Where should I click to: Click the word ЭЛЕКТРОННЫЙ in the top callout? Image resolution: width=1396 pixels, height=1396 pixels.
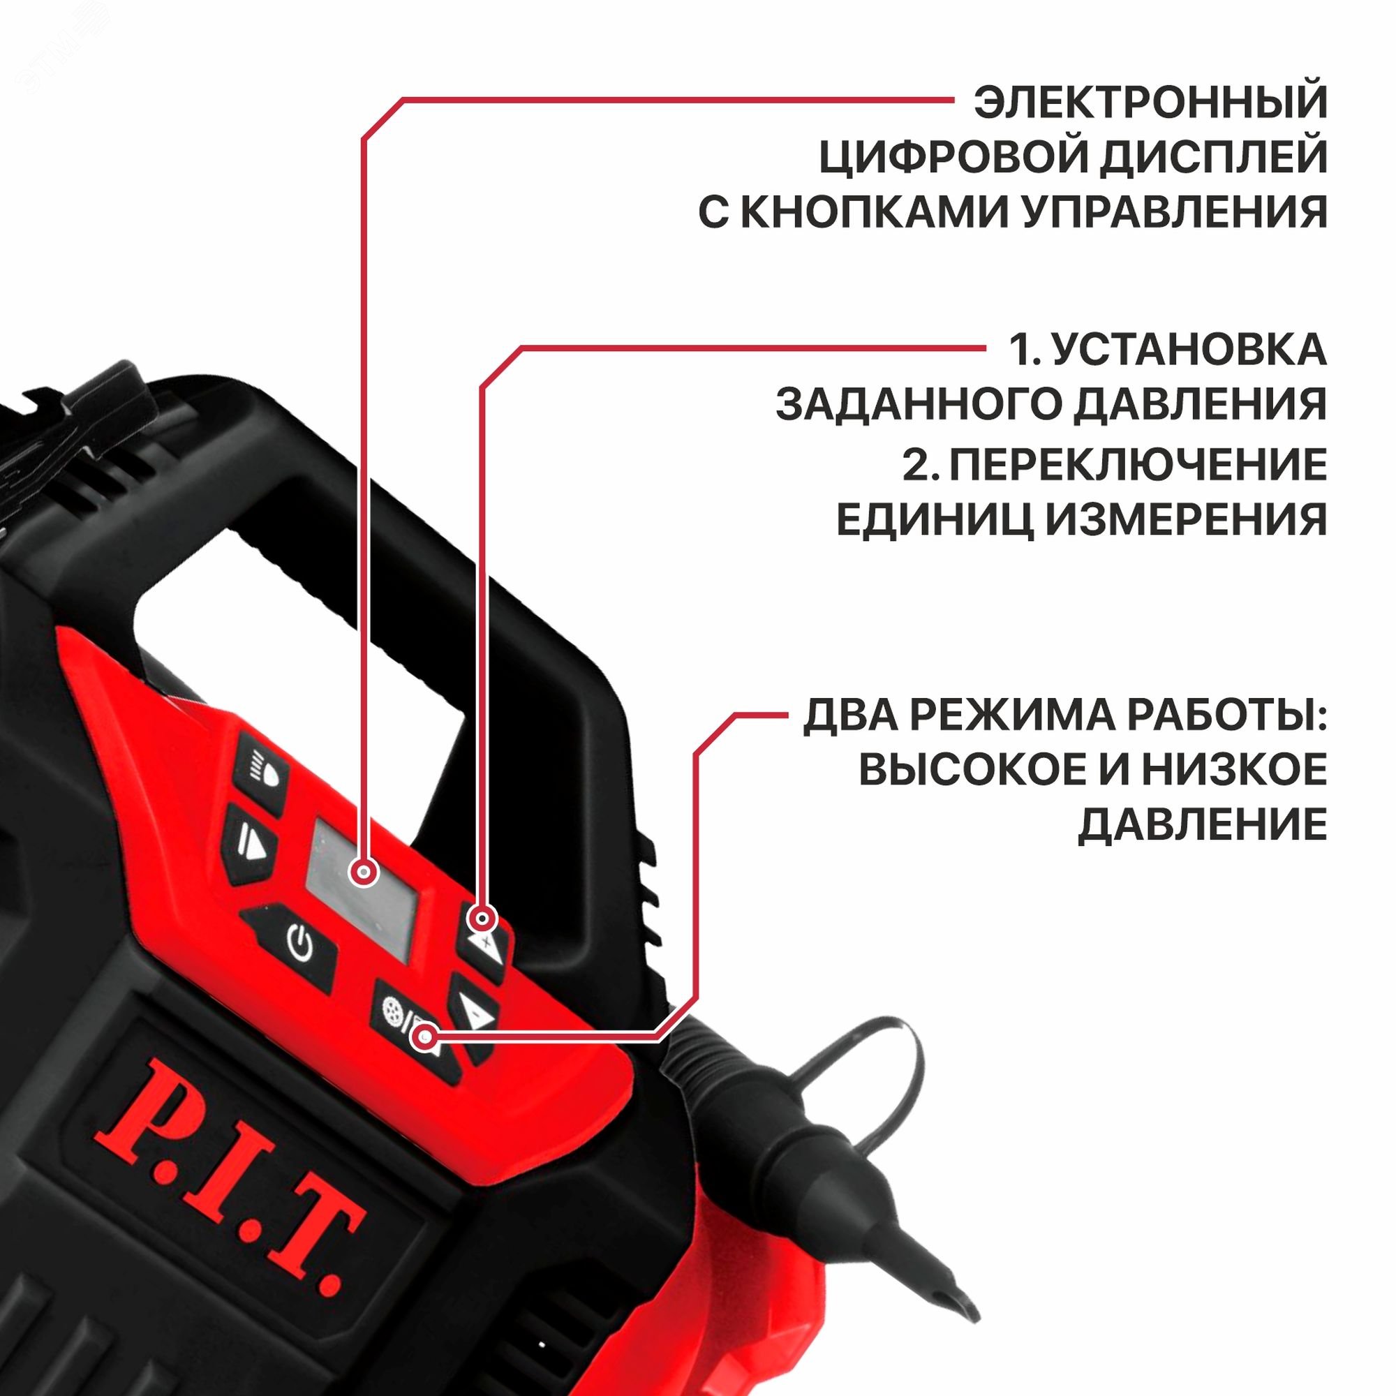1150,103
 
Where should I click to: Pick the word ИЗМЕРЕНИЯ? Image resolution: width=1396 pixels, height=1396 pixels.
1186,519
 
